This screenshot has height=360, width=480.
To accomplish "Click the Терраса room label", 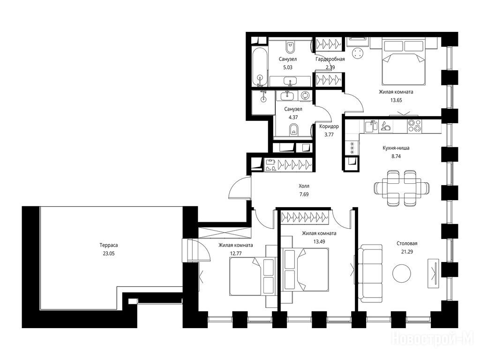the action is pyautogui.click(x=109, y=245).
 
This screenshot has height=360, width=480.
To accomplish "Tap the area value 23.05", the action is pyautogui.click(x=109, y=254).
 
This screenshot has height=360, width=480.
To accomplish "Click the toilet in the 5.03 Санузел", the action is pyautogui.click(x=290, y=47).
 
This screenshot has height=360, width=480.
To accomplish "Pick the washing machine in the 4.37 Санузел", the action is pyautogui.click(x=306, y=96).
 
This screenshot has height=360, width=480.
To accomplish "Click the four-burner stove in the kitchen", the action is pyautogui.click(x=414, y=126).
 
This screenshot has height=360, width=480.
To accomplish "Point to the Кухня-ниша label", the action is pyautogui.click(x=396, y=148).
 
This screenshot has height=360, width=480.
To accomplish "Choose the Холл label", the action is pyautogui.click(x=304, y=186).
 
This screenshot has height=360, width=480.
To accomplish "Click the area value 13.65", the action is pyautogui.click(x=396, y=100).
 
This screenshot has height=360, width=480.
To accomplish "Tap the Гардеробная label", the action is pyautogui.click(x=330, y=59).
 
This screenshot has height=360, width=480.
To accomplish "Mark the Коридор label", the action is pyautogui.click(x=329, y=126).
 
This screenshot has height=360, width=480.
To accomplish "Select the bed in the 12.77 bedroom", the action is pyautogui.click(x=253, y=276).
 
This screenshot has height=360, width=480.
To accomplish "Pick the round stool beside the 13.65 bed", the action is pyautogui.click(x=357, y=53).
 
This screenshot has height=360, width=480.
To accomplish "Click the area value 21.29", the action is pyautogui.click(x=407, y=252).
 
